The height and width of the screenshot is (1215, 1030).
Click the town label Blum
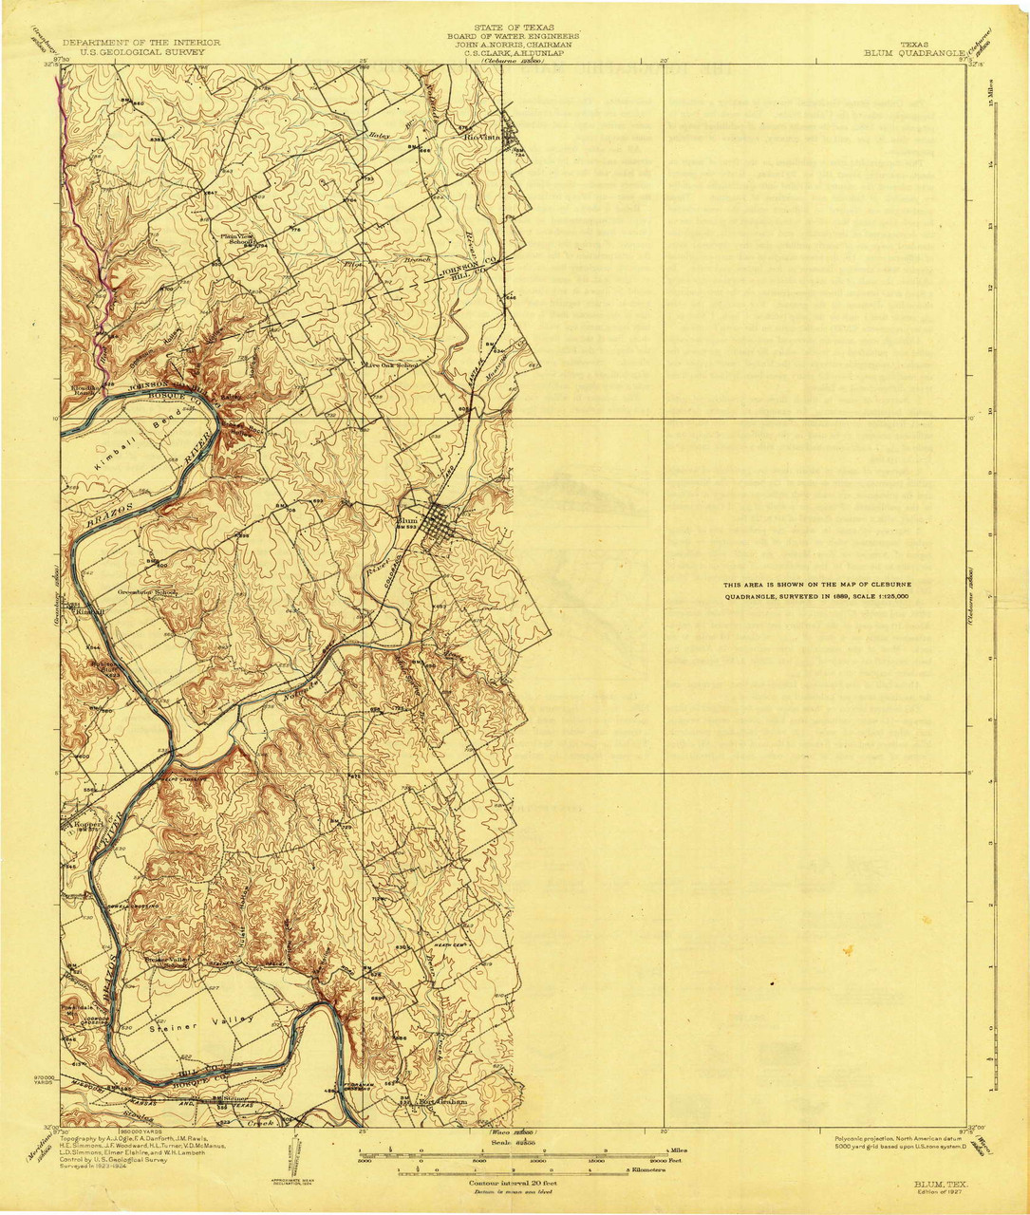coord(405,520)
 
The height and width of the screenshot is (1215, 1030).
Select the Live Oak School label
coord(390,364)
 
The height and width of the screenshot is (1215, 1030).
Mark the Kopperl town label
coord(87,825)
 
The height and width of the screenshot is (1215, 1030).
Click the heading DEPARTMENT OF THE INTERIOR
coord(141,43)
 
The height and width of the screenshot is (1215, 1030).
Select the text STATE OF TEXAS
coord(515,28)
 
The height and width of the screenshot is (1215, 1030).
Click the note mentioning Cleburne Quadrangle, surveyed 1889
coord(816,590)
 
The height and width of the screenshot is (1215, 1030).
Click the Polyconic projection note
coord(897,1139)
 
